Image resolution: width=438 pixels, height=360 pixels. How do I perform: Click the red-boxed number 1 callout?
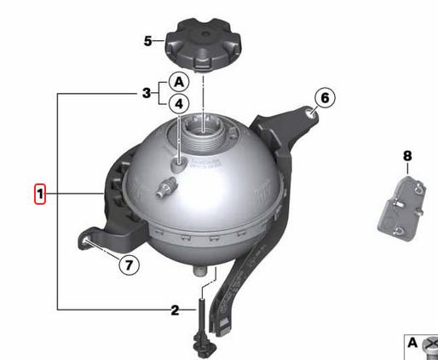click(x=39, y=195)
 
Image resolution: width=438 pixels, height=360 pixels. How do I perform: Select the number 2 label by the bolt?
click(x=175, y=310)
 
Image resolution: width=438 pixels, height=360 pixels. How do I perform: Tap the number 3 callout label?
click(x=147, y=92)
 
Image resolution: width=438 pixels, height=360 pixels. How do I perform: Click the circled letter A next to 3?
click(x=178, y=83)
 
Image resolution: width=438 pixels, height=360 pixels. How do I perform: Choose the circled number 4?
click(x=178, y=104)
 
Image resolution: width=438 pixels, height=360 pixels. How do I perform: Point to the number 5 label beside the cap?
click(x=147, y=40)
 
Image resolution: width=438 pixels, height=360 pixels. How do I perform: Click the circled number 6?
click(x=325, y=98)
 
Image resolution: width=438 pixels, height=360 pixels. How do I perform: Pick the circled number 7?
click(x=127, y=264)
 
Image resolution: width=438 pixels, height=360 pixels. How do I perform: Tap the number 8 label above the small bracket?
click(x=406, y=156)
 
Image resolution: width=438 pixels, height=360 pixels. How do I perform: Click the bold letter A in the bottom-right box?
click(x=412, y=343)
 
